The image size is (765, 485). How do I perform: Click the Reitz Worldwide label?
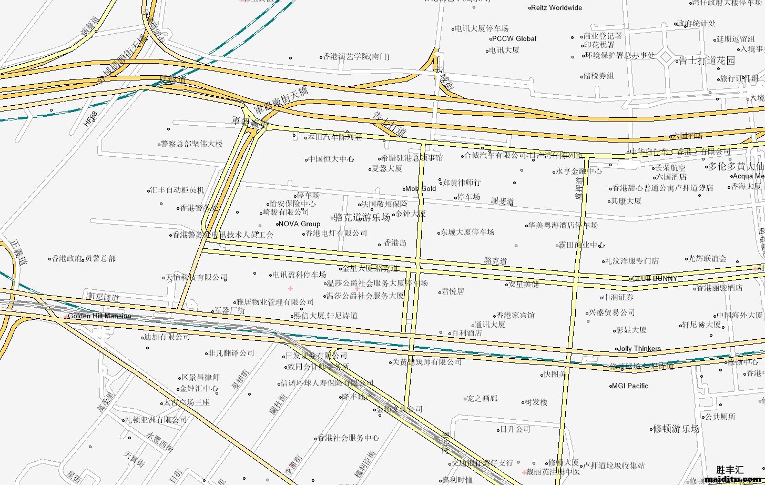point(556,8)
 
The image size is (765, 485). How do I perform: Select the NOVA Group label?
point(299,224)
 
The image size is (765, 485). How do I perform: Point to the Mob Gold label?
point(421,188)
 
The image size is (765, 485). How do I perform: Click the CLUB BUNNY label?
point(654,278)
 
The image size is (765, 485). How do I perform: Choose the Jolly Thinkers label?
point(639,348)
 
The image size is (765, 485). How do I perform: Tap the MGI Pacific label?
point(630,386)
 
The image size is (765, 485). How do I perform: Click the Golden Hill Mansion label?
point(99,316)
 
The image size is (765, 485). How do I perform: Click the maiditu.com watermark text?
point(734,479)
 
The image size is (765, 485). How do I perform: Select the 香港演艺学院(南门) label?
point(356,56)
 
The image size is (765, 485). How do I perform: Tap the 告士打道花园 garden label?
point(707,60)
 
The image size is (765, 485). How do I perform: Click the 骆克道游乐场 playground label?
point(362,217)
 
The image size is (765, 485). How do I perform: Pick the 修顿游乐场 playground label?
point(676,429)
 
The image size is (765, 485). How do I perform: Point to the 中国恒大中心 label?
point(332,159)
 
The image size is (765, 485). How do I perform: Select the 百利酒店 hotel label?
point(466,333)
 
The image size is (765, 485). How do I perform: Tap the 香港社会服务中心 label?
point(349,438)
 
